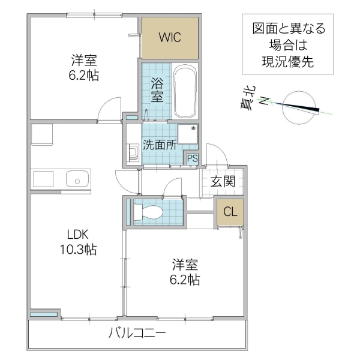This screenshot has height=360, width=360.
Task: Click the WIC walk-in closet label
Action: tap(169, 37)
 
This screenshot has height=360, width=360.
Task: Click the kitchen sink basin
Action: tap(77, 178)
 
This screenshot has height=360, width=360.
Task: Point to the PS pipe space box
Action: tap(192, 159)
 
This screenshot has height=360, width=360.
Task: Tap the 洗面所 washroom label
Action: tap(159, 144)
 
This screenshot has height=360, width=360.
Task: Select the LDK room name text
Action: tap(77, 234)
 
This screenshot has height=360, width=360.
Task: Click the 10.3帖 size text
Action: tap(77, 249)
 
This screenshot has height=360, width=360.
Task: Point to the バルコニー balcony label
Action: tap(137, 334)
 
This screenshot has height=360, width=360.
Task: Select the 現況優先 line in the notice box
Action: tap(284, 61)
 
